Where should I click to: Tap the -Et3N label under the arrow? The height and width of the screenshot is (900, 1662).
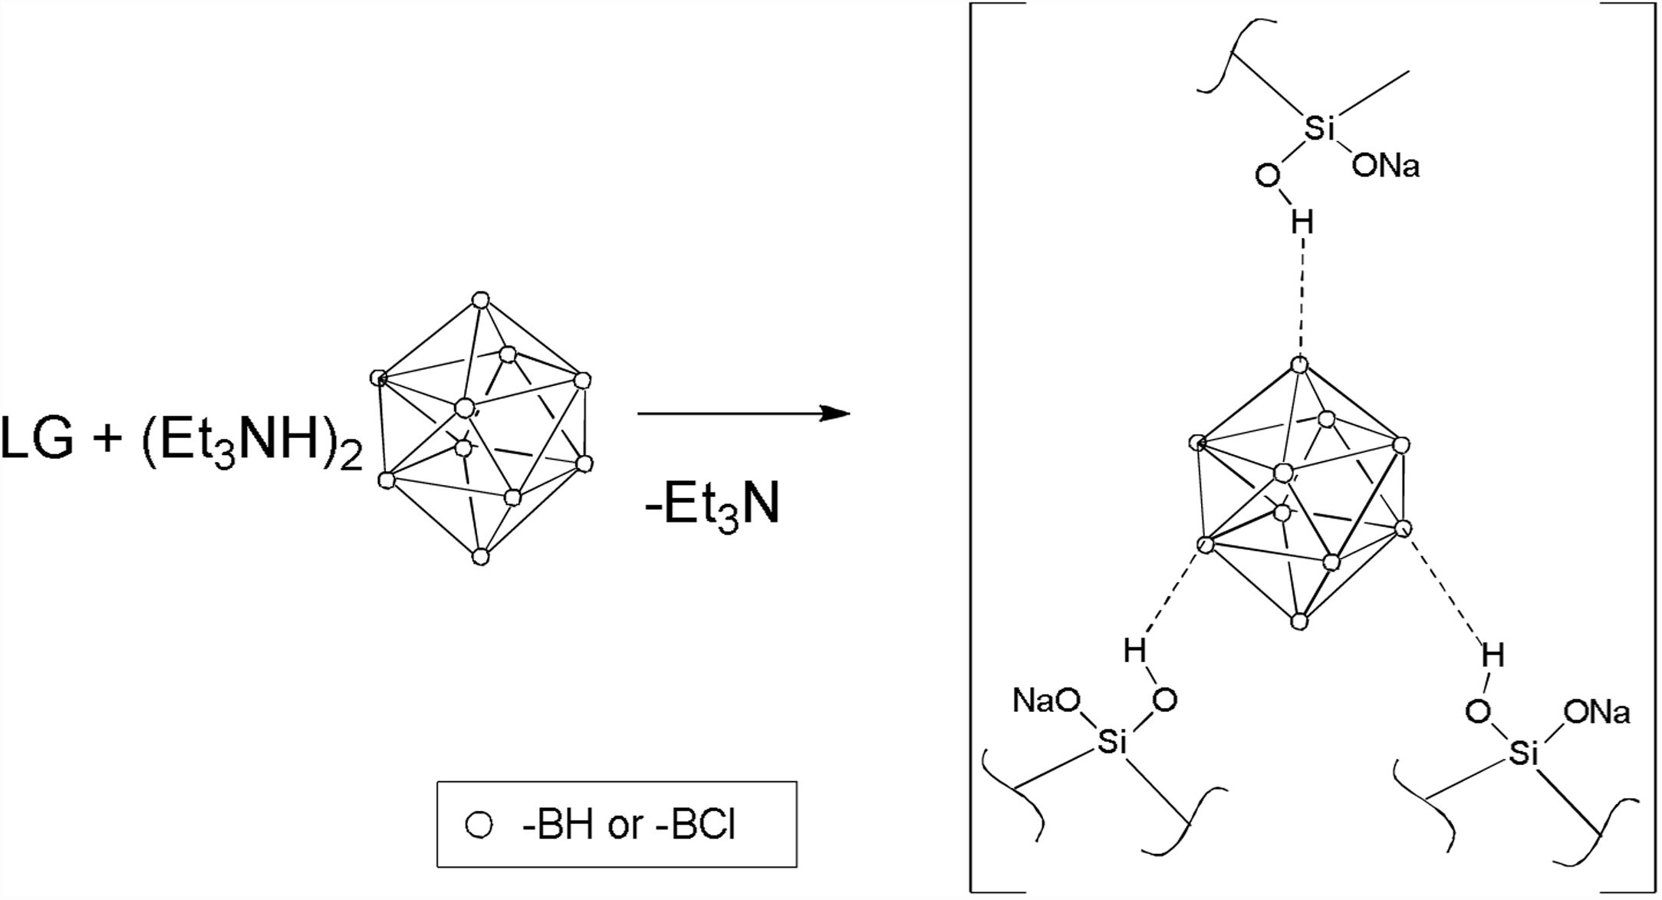[x=713, y=506]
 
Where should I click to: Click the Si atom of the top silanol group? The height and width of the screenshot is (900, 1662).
[x=1318, y=129]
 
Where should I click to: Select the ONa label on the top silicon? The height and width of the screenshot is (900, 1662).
[x=1385, y=166]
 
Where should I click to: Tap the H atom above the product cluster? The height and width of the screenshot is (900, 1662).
[x=1302, y=223]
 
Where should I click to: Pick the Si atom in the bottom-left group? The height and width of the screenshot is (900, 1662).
[x=1110, y=741]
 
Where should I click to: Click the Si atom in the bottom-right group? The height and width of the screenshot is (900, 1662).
[x=1522, y=754]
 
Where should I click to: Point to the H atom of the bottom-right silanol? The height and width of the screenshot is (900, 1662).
[x=1493, y=656]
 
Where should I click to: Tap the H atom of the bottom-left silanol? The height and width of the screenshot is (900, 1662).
[x=1135, y=652]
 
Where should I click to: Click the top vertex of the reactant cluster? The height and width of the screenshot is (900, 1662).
[x=480, y=299]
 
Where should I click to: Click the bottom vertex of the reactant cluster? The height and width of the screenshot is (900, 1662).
[x=480, y=557]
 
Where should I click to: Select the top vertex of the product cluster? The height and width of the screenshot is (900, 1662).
[x=1300, y=365]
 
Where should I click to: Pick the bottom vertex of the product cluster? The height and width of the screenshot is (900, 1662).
[x=1298, y=621]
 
